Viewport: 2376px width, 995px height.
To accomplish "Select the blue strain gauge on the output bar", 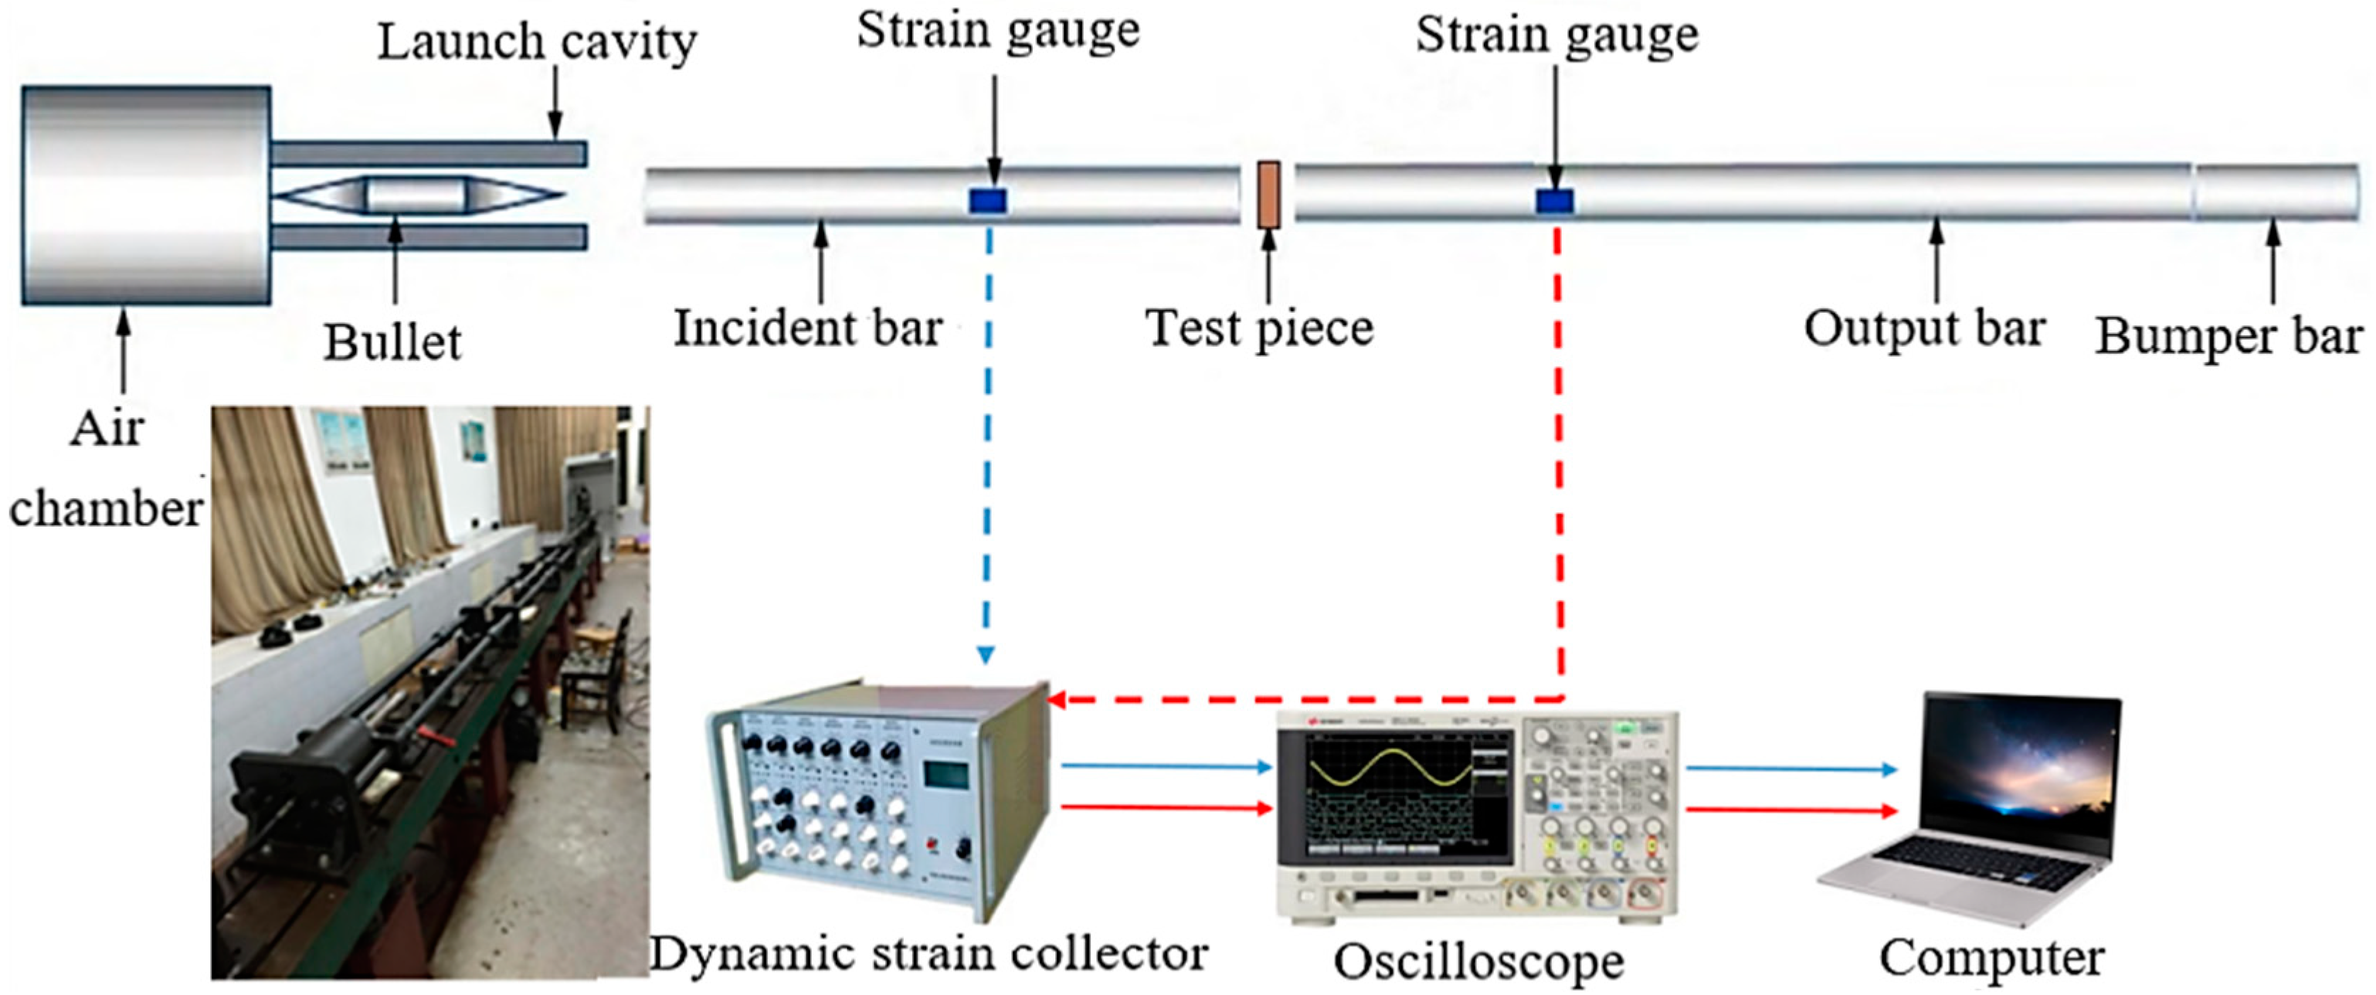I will pyautogui.click(x=1554, y=200).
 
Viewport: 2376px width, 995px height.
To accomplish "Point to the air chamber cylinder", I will pyautogui.click(x=146, y=195).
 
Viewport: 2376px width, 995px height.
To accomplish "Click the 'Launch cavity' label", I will pyautogui.click(x=537, y=43).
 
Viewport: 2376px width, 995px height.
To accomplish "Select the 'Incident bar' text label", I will pyautogui.click(x=808, y=328).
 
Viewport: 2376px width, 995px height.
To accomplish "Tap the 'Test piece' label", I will pyautogui.click(x=1259, y=328).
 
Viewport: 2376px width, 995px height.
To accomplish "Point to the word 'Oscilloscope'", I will pyautogui.click(x=1479, y=962).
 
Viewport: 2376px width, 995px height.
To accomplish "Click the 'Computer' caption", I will pyautogui.click(x=1993, y=959).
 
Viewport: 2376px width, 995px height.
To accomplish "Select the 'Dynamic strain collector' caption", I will pyautogui.click(x=929, y=953).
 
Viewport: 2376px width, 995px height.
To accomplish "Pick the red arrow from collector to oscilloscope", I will pyautogui.click(x=1167, y=809).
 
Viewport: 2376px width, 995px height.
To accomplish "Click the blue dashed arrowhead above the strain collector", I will pyautogui.click(x=986, y=655).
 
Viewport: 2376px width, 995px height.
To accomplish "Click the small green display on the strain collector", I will pyautogui.click(x=946, y=775).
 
